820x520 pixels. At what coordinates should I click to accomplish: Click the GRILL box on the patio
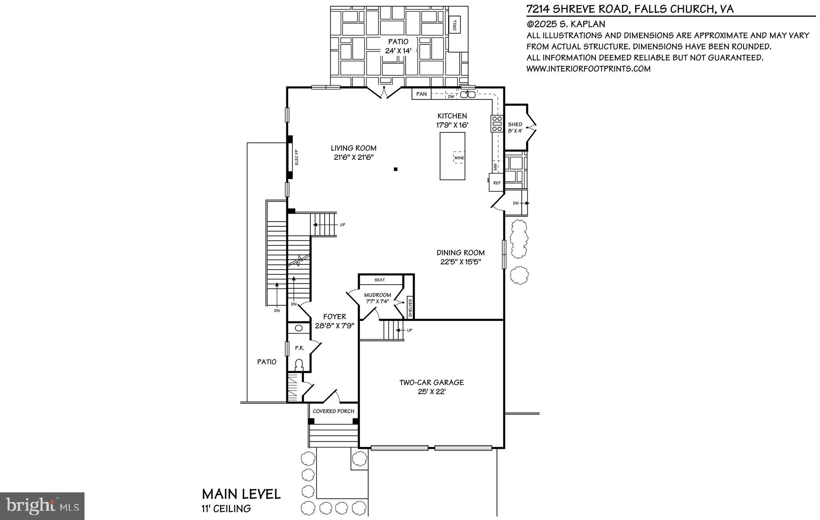pos(455,25)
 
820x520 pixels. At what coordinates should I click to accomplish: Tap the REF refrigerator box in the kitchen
pos(497,183)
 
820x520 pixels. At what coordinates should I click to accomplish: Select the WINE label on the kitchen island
pos(459,157)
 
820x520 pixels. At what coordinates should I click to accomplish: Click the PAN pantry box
pos(421,94)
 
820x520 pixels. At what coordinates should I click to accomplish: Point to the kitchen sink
pos(468,95)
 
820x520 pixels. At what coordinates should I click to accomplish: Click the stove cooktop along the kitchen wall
pos(497,123)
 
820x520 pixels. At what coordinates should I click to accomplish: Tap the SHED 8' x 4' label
pos(515,127)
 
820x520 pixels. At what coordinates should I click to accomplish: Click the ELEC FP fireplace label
pos(297,157)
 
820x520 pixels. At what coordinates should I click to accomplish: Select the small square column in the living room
pos(396,169)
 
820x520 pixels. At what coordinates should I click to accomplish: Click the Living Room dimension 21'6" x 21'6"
pos(354,157)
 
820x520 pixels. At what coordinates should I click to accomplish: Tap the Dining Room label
pos(460,253)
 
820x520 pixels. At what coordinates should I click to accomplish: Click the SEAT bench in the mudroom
pos(380,280)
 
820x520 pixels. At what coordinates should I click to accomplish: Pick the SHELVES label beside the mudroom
pos(410,307)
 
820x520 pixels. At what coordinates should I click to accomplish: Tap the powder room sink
pos(299,328)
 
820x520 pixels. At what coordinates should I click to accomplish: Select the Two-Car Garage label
pos(431,383)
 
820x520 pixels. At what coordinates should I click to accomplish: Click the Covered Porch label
pos(334,411)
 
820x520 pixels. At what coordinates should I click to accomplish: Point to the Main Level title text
pos(241,494)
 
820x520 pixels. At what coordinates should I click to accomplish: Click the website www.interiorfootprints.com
pos(588,69)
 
